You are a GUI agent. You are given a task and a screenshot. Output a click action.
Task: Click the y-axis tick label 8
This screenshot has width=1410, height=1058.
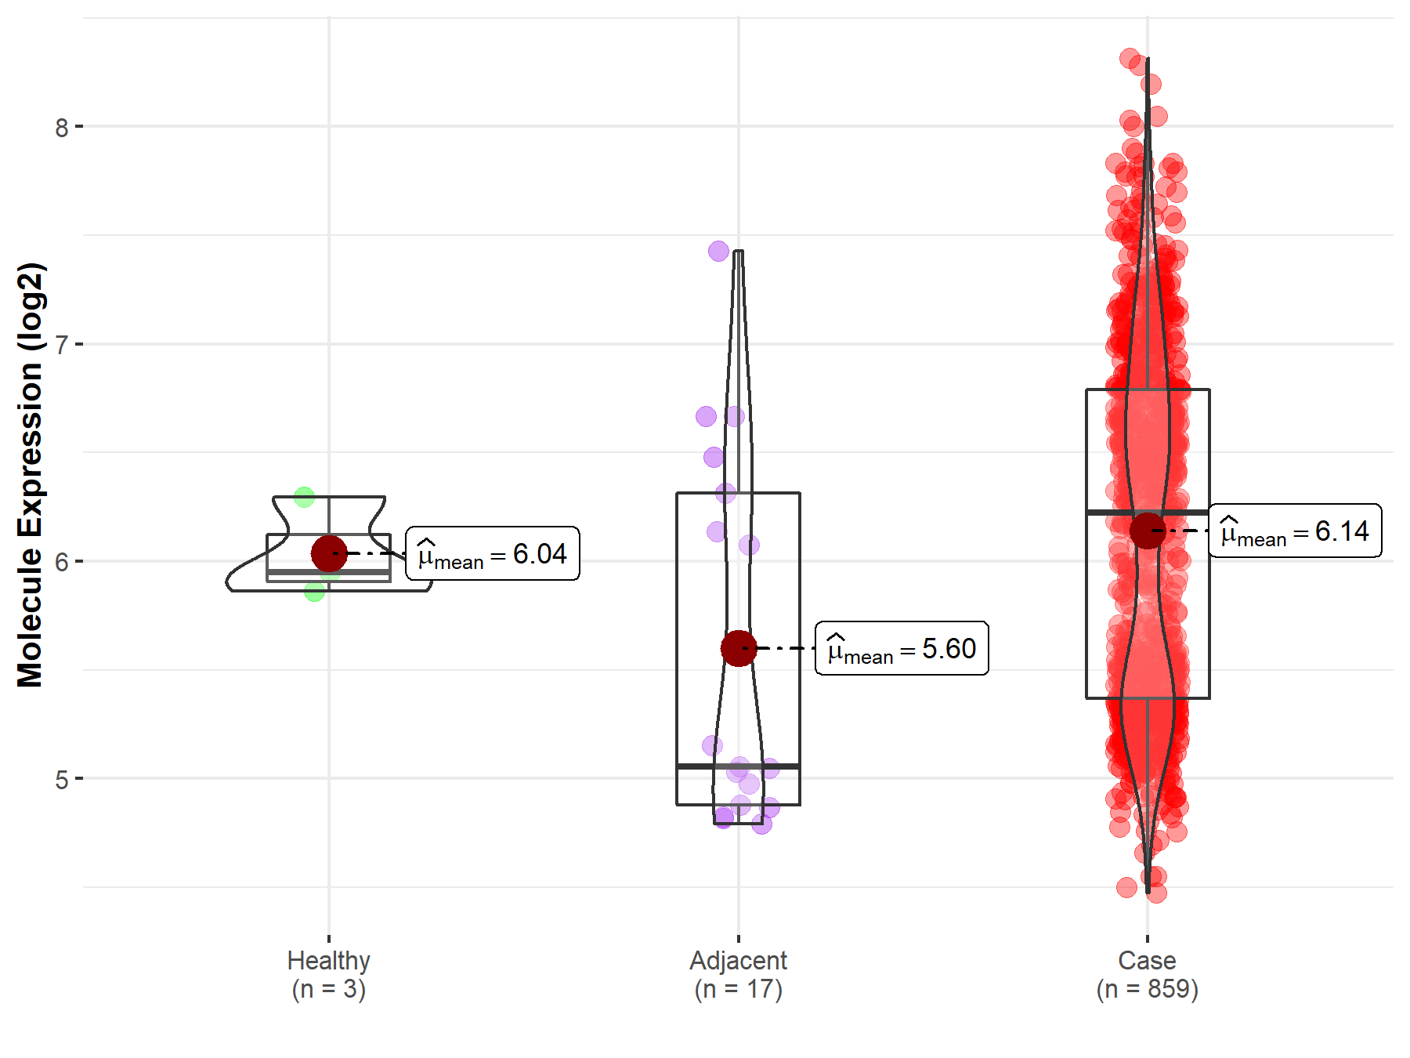click(62, 127)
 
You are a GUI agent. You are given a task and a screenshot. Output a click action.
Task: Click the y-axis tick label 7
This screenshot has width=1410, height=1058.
click(62, 345)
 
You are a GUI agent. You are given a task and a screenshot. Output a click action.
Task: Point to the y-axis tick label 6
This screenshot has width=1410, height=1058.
click(62, 562)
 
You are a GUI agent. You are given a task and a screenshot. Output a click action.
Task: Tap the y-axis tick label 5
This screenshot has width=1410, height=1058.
click(62, 780)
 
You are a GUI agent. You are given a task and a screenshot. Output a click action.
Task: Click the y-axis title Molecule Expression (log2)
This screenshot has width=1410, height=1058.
click(30, 475)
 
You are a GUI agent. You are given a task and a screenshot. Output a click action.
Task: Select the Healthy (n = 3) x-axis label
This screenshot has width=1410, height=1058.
click(328, 974)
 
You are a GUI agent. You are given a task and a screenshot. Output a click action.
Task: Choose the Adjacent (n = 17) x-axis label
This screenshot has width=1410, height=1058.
click(738, 974)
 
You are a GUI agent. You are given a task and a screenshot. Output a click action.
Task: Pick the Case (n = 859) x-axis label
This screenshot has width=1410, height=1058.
click(1147, 974)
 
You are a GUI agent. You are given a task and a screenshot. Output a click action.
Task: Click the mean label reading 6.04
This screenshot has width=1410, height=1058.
click(493, 554)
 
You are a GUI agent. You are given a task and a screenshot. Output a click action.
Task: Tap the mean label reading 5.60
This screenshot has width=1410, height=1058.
click(902, 649)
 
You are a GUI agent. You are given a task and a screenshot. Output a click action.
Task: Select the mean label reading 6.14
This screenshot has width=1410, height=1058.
click(1295, 531)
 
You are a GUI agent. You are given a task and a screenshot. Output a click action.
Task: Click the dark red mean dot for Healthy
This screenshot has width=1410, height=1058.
click(329, 553)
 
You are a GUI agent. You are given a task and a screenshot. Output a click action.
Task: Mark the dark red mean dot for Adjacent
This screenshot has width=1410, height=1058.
click(738, 648)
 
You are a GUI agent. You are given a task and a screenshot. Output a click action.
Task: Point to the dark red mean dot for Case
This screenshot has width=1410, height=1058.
click(1148, 531)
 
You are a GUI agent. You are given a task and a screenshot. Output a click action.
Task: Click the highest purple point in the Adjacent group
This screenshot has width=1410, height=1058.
click(718, 252)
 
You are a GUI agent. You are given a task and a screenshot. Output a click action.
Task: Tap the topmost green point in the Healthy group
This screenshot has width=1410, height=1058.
click(304, 497)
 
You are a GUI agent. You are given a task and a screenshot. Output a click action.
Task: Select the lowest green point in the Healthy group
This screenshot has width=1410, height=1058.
click(314, 592)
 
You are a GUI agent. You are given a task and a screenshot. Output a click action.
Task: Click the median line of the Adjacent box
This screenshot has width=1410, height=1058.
click(738, 766)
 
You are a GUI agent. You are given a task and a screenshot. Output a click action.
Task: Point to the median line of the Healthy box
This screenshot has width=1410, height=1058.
click(298, 573)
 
